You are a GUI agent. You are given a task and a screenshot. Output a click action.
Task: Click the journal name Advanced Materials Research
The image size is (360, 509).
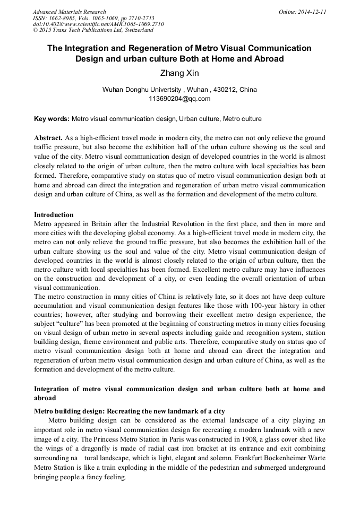[x=69, y=12]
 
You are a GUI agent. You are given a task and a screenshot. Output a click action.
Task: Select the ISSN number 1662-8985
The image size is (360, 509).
[x=66, y=18]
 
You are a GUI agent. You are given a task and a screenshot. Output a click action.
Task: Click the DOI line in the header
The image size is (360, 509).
[x=98, y=24]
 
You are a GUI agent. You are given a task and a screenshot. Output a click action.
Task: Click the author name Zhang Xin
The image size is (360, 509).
[x=179, y=73]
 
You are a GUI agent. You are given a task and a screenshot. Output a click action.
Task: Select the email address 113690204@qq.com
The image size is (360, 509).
[x=179, y=98]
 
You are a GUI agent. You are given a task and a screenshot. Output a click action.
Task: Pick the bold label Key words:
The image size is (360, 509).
[x=52, y=118]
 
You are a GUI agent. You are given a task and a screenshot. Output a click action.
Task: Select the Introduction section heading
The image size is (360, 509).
[x=54, y=215]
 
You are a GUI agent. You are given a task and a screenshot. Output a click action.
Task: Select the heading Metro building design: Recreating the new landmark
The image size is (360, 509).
[x=129, y=411]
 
